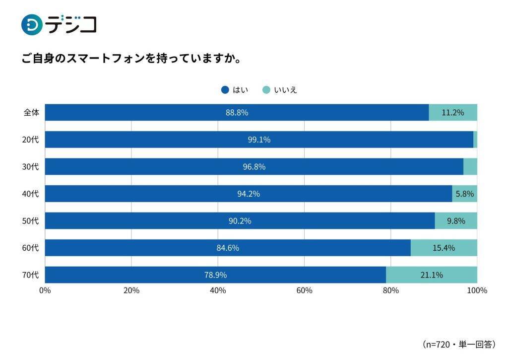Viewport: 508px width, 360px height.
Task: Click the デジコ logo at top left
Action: (x=59, y=24)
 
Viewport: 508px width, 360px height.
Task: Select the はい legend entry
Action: (x=235, y=90)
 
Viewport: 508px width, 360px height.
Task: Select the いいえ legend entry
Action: (x=279, y=90)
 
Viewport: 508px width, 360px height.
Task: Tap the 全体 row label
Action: (x=31, y=112)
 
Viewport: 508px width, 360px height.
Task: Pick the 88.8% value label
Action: (x=237, y=112)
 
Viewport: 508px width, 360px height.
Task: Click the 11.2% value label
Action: (x=452, y=112)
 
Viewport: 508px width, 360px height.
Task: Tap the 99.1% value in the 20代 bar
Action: (x=259, y=140)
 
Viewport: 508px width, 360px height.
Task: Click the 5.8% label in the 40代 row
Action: (x=464, y=194)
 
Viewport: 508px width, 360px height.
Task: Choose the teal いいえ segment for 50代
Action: (x=456, y=220)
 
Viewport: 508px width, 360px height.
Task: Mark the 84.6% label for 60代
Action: (x=228, y=247)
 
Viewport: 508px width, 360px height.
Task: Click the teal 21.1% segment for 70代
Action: (x=431, y=275)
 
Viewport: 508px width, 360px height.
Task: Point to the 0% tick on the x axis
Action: (x=45, y=290)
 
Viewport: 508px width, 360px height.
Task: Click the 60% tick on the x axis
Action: (x=304, y=290)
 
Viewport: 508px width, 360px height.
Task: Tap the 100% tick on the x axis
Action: (x=477, y=290)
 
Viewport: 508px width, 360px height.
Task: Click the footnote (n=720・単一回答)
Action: (x=459, y=344)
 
